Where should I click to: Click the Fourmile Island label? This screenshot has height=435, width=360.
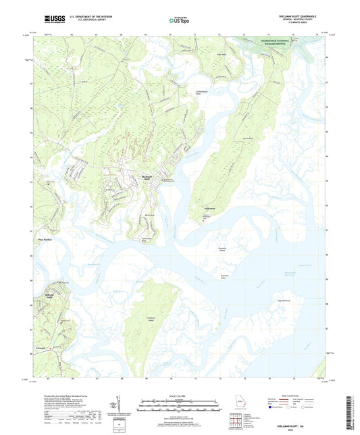236,250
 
